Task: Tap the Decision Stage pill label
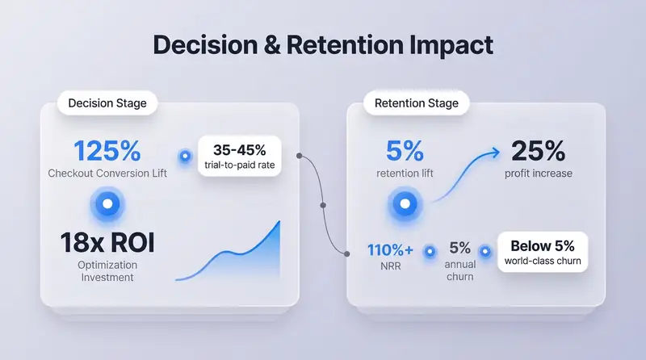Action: point(107,103)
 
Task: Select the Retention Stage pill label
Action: point(417,103)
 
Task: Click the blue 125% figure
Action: point(107,150)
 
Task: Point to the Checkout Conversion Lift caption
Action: point(107,173)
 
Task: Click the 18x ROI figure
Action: point(107,241)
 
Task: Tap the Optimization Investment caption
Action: point(107,271)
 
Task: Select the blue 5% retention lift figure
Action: point(404,150)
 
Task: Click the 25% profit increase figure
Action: point(539,150)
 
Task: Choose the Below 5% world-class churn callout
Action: point(543,252)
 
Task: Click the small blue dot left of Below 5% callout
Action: point(485,251)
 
